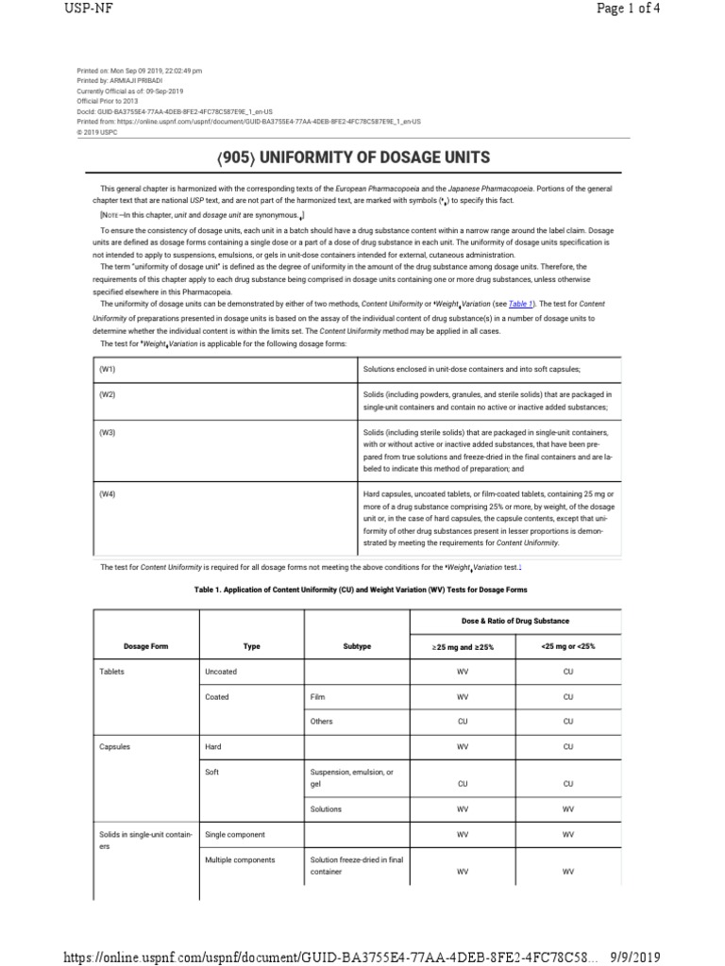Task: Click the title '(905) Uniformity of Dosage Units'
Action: click(362, 157)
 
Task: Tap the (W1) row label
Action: click(107, 368)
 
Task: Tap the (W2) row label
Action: click(107, 394)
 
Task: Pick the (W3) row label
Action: click(107, 432)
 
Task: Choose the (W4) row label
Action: click(107, 493)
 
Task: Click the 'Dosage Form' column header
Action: click(144, 646)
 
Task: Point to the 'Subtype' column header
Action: click(357, 646)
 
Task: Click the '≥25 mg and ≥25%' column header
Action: click(463, 646)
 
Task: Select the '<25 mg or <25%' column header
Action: click(568, 646)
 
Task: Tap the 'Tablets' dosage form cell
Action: click(112, 672)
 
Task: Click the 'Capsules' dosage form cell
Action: click(115, 746)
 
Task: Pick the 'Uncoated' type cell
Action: click(221, 672)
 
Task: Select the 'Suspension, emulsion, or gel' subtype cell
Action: click(351, 777)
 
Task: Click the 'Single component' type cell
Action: click(235, 835)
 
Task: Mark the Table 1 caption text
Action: click(361, 590)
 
